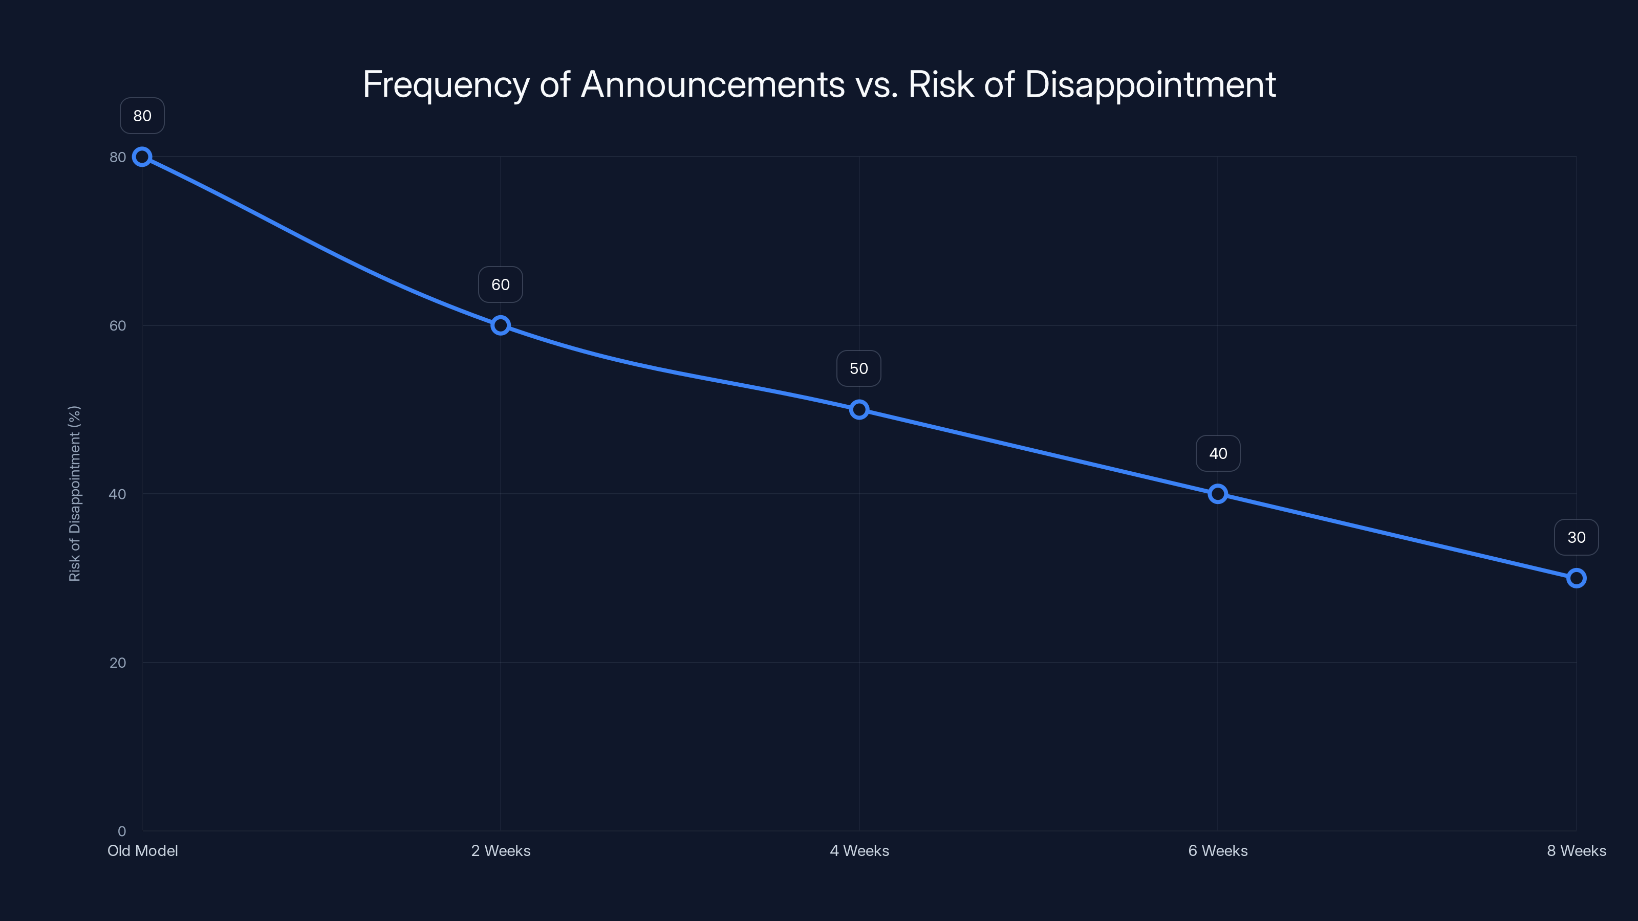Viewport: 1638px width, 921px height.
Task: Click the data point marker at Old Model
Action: pos(142,157)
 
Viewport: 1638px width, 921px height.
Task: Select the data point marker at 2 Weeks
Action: pos(501,325)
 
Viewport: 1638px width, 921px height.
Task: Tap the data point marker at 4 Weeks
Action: pos(859,409)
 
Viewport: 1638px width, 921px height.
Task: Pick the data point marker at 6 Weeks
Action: pos(1218,494)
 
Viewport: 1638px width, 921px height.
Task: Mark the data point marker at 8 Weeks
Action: pos(1577,578)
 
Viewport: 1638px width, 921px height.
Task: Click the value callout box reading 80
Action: pos(142,116)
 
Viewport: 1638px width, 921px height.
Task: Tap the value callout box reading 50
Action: pos(859,368)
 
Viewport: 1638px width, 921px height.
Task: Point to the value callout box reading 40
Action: pos(1218,453)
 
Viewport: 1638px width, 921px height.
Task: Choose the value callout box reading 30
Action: pos(1577,538)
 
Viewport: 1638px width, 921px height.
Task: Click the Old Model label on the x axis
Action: pos(142,850)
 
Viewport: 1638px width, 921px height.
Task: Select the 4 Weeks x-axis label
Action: pos(859,850)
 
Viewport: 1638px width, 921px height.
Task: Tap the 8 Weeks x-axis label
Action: pos(1577,850)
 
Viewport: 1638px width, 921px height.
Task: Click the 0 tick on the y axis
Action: pos(121,831)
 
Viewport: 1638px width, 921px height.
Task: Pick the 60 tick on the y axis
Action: pos(118,325)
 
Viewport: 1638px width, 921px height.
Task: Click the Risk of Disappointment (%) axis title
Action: pos(74,493)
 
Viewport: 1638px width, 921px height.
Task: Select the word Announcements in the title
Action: pos(713,84)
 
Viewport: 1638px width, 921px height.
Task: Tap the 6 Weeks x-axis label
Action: pos(1218,850)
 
